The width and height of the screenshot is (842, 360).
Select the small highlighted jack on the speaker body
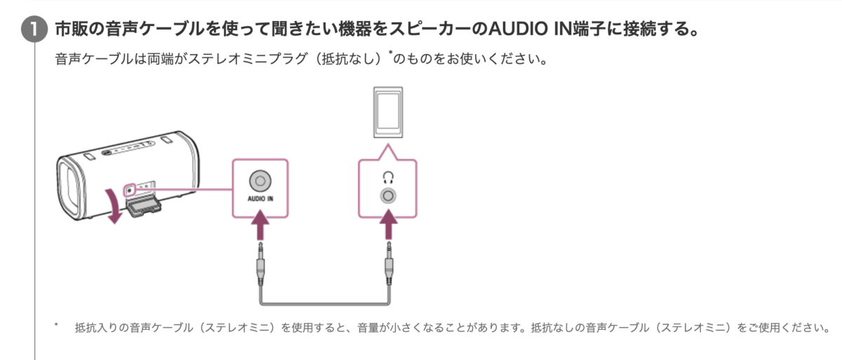(x=129, y=189)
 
